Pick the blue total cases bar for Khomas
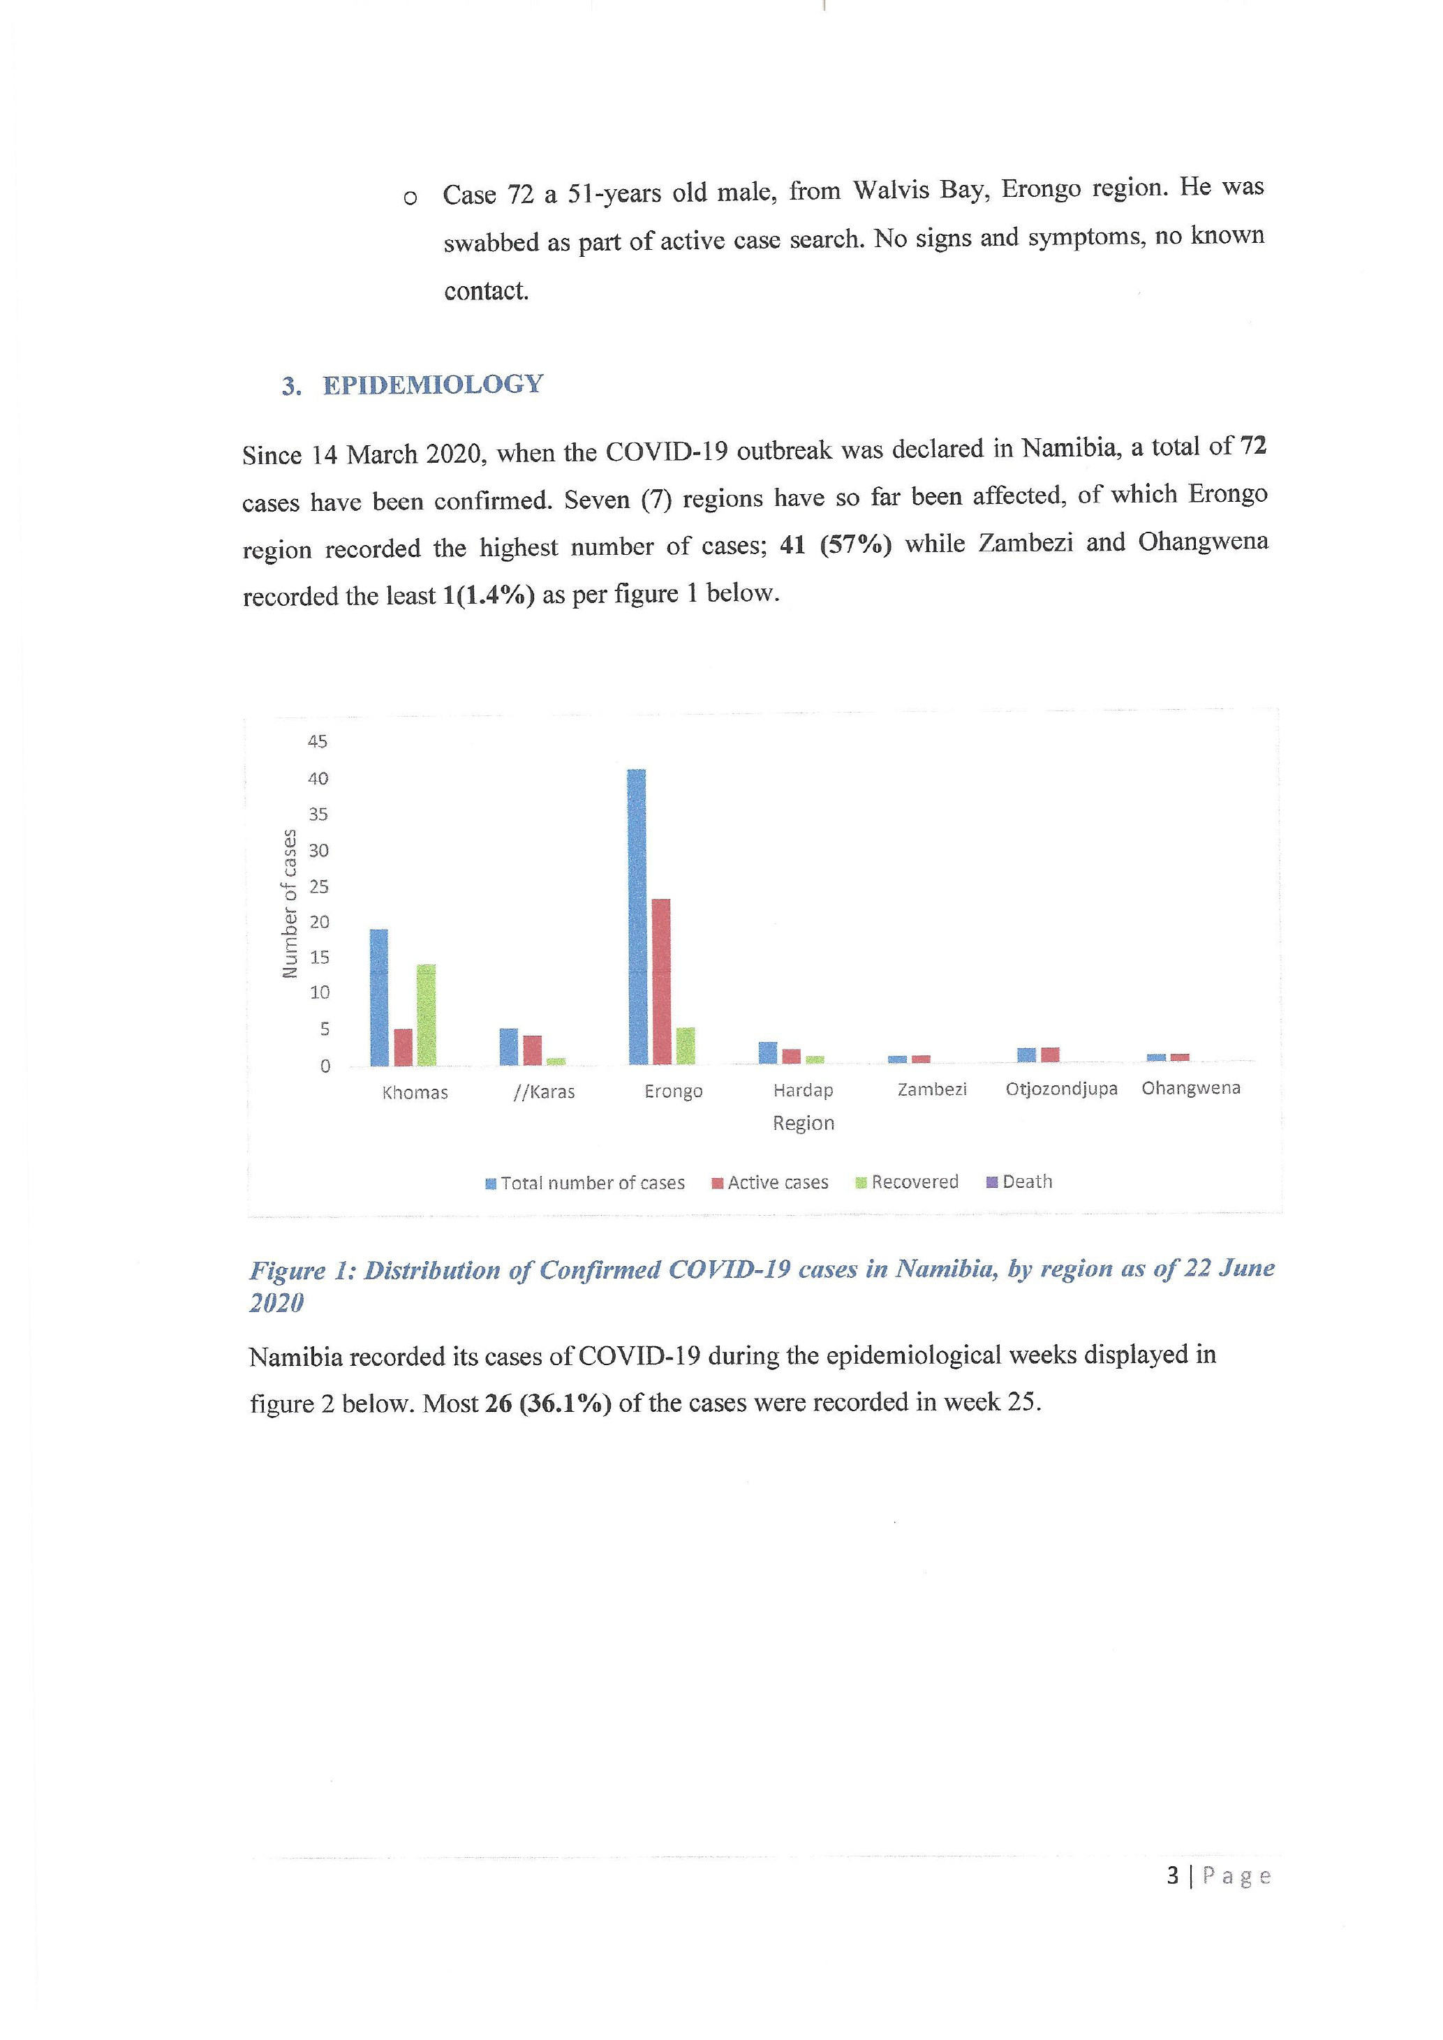tap(378, 997)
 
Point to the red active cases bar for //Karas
tap(532, 1050)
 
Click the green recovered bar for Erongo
tap(685, 1045)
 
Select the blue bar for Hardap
tap(768, 1053)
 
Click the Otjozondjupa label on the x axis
tap(1061, 1089)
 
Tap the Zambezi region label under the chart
tap(931, 1089)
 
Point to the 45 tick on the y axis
tap(317, 741)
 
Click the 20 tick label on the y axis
tap(319, 921)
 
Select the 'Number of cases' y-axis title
tap(289, 902)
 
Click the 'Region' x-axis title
tap(804, 1123)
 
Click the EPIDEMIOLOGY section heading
tap(432, 385)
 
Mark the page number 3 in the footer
tap(1172, 1875)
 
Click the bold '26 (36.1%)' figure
tap(547, 1403)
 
